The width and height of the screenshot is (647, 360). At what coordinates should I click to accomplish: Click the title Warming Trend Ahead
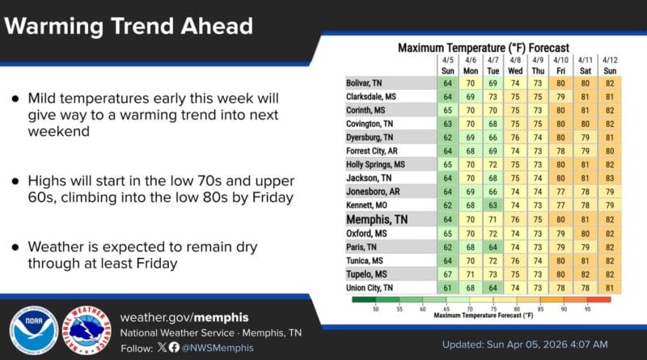click(x=128, y=26)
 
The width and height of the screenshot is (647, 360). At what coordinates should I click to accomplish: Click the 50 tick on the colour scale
click(x=374, y=308)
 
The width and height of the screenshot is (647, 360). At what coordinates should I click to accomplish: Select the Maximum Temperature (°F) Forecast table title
click(x=483, y=48)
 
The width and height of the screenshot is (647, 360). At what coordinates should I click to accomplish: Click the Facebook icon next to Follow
click(x=173, y=347)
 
